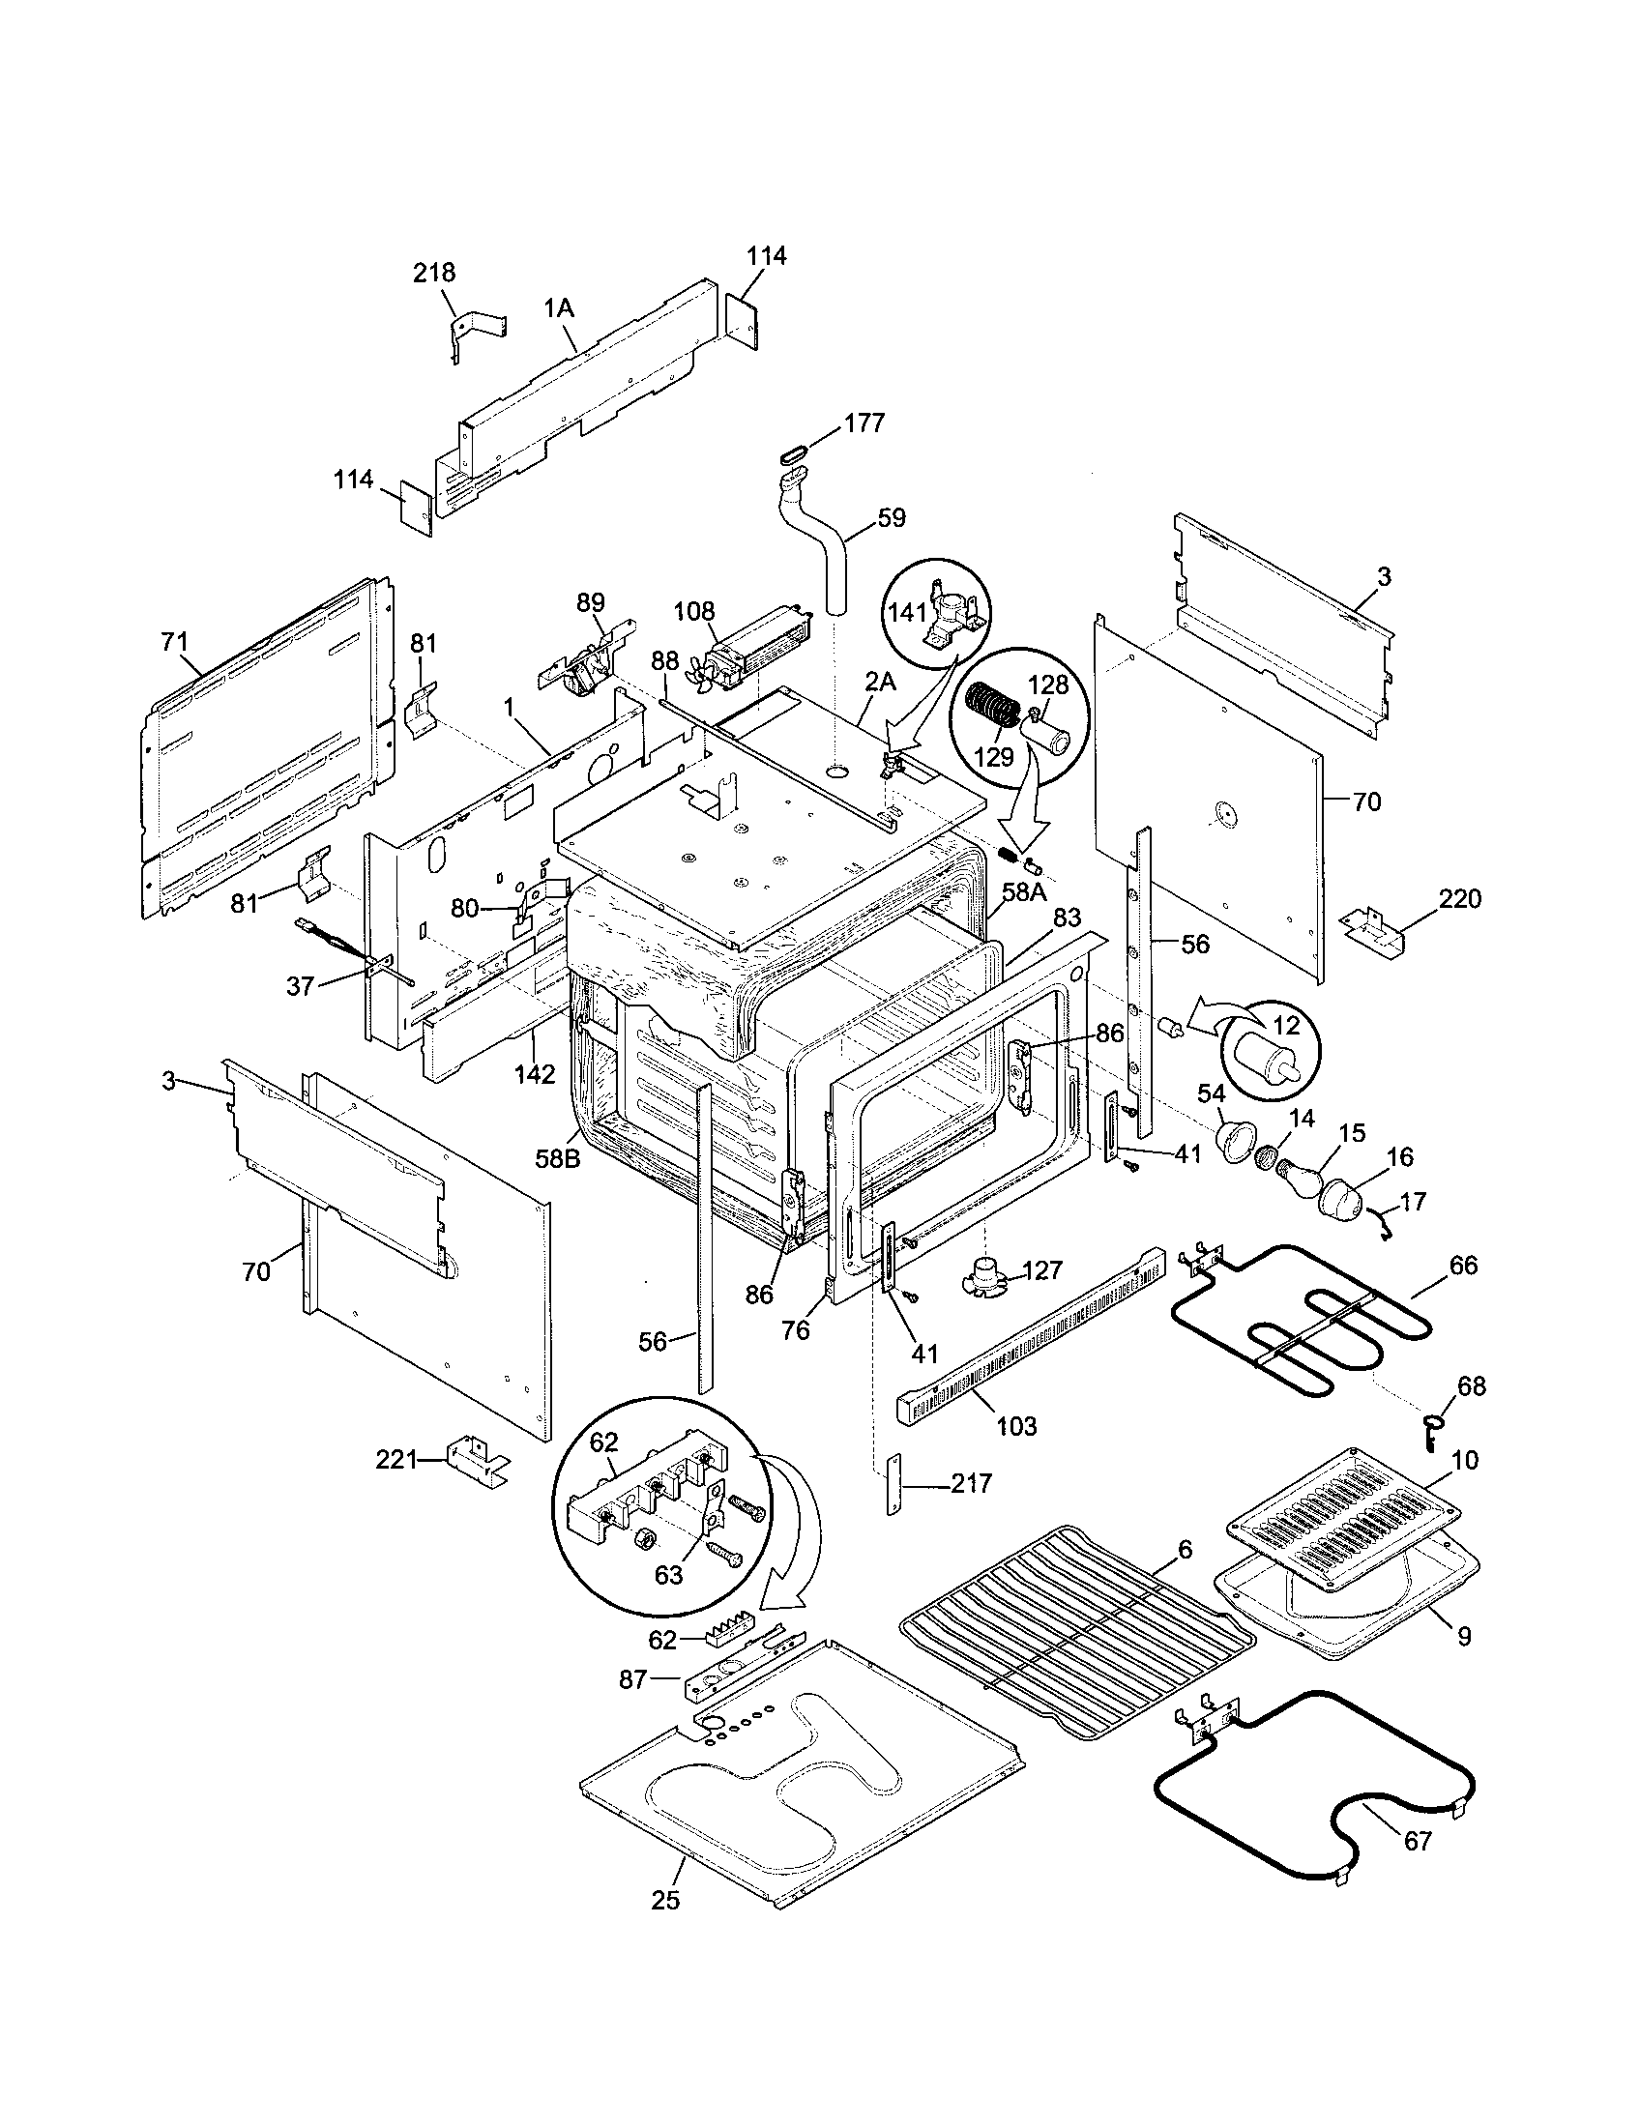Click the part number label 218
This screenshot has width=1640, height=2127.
point(434,273)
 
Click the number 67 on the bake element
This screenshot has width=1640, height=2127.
point(1418,1842)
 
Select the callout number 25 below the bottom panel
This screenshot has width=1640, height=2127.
point(665,1900)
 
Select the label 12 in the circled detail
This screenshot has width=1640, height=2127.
point(1285,1025)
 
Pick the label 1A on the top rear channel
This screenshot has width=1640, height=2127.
point(559,308)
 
